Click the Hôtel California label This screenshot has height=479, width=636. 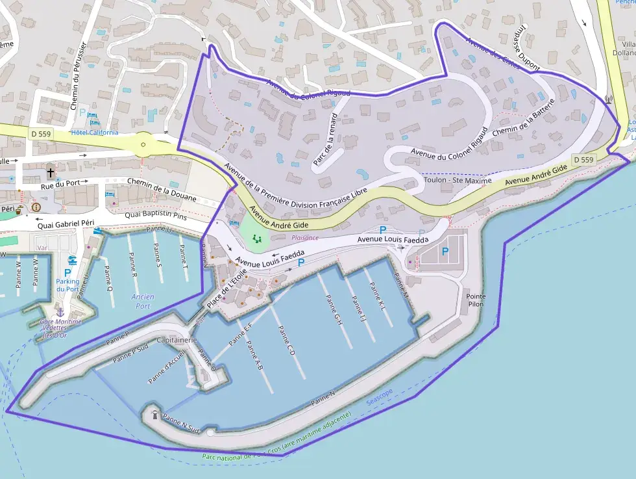95,132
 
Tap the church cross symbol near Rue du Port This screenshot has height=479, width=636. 51,173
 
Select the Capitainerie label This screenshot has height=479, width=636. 177,340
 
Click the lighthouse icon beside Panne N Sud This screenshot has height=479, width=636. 154,414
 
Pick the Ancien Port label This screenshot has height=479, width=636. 143,302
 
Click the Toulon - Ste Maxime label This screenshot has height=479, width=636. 458,179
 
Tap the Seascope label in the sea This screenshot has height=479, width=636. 379,398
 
